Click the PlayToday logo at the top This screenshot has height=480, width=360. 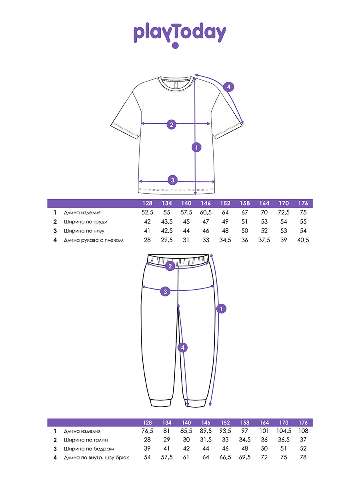click(x=180, y=34)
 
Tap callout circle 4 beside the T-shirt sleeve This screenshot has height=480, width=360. click(x=228, y=87)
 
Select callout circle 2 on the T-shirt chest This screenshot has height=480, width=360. click(x=171, y=124)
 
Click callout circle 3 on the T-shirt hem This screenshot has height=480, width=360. click(x=172, y=180)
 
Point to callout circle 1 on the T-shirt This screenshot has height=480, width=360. click(x=196, y=147)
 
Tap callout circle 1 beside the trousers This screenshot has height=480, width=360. click(x=221, y=308)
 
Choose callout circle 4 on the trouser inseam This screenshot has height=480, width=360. click(x=182, y=348)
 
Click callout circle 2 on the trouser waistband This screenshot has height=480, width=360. click(x=170, y=266)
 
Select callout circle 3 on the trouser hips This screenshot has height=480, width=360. click(x=166, y=292)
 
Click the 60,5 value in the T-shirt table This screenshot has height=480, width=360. click(x=206, y=212)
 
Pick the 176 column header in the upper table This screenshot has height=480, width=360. click(x=303, y=203)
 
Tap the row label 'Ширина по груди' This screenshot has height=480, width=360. click(x=85, y=222)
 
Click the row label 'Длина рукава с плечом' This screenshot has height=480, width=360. click(x=94, y=240)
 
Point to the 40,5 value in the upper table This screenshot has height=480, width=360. click(x=303, y=240)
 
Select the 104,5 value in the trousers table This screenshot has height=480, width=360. click(x=284, y=431)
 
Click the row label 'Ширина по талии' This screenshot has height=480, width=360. click(x=85, y=440)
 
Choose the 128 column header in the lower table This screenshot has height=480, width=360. click(x=147, y=422)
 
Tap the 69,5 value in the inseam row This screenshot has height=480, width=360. click(x=245, y=458)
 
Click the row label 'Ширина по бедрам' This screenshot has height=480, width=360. click(x=86, y=449)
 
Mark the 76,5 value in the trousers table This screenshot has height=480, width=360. click(x=147, y=431)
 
